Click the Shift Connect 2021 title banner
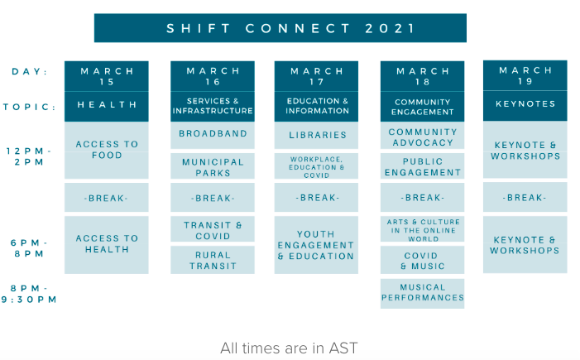tap(280, 28)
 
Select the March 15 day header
tap(107, 76)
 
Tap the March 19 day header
tap(525, 75)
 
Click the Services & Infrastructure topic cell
tap(213, 107)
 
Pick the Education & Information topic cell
tap(316, 107)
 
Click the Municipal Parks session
tap(213, 166)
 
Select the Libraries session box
tap(316, 136)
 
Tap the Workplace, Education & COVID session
tap(316, 166)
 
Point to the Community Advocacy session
tap(423, 136)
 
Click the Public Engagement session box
tap(423, 166)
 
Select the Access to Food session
tap(107, 151)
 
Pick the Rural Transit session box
tap(213, 260)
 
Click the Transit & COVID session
tap(213, 229)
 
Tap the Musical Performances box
tap(423, 294)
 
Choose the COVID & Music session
tap(423, 260)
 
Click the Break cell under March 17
tap(316, 198)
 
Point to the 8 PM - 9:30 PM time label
tap(29, 294)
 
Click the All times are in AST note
tap(289, 348)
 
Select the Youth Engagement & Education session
tap(316, 245)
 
